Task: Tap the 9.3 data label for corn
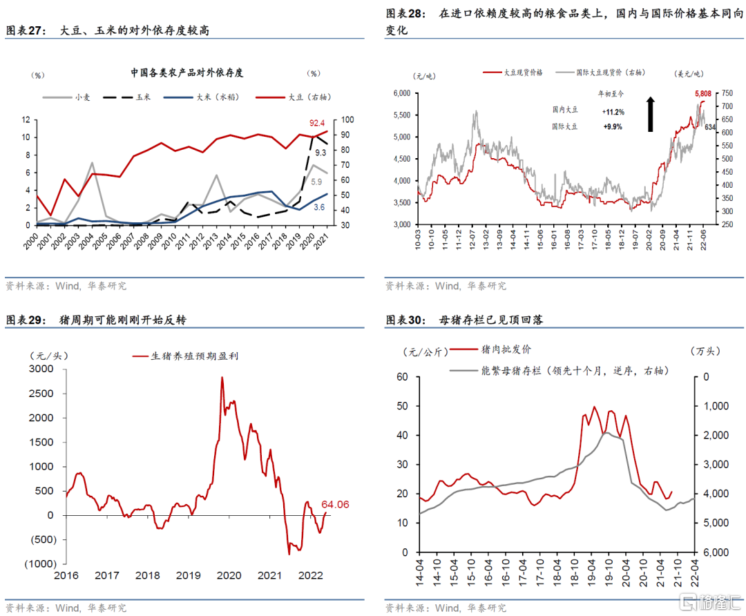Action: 321,153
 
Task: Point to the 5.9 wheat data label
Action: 315,182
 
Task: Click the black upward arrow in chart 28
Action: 650,114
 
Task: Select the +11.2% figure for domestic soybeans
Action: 613,112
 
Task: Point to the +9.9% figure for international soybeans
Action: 612,127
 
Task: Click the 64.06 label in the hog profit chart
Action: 335,504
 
